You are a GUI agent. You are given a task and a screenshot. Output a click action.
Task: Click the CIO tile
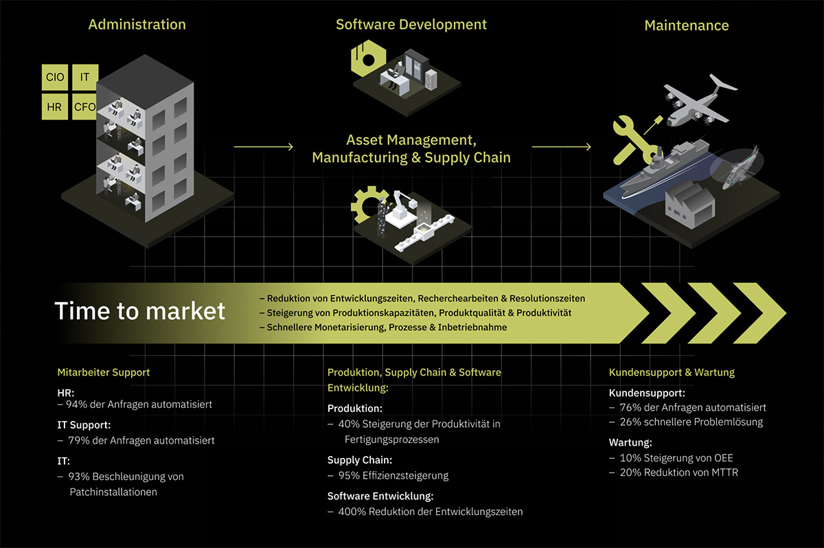coord(55,78)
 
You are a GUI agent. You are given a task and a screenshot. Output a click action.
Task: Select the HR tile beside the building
coord(55,107)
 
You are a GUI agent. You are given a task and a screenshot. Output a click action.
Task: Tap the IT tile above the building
coord(84,77)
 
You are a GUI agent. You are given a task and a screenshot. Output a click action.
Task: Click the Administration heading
coord(137,25)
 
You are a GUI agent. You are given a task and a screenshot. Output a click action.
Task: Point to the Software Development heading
coord(411,25)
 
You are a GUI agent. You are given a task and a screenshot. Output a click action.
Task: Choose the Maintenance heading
coord(687,26)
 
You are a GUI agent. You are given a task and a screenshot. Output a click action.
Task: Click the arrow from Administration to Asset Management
coord(264,147)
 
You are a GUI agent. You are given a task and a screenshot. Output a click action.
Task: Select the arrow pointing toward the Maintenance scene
coord(561,147)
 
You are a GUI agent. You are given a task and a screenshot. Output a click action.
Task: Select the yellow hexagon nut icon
coord(366,58)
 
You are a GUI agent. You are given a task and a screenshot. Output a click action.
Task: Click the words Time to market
coord(140,311)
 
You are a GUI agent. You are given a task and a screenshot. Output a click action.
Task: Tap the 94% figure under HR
coord(75,404)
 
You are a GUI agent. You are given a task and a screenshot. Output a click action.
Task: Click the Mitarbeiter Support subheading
coord(104,372)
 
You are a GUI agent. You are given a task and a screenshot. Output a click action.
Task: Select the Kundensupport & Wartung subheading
coord(672,372)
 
